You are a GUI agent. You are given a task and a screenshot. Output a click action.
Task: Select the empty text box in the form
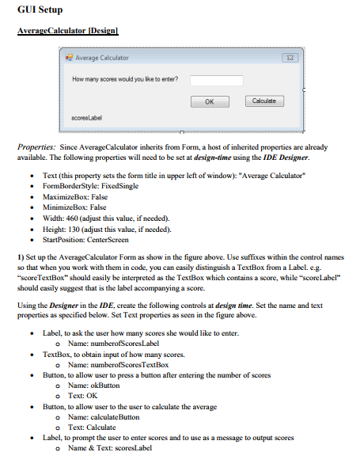pyautogui.click(x=215, y=79)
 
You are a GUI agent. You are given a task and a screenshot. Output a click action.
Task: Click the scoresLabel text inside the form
pyautogui.click(x=88, y=119)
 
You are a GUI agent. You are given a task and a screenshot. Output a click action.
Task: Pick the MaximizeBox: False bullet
pyautogui.click(x=74, y=196)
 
